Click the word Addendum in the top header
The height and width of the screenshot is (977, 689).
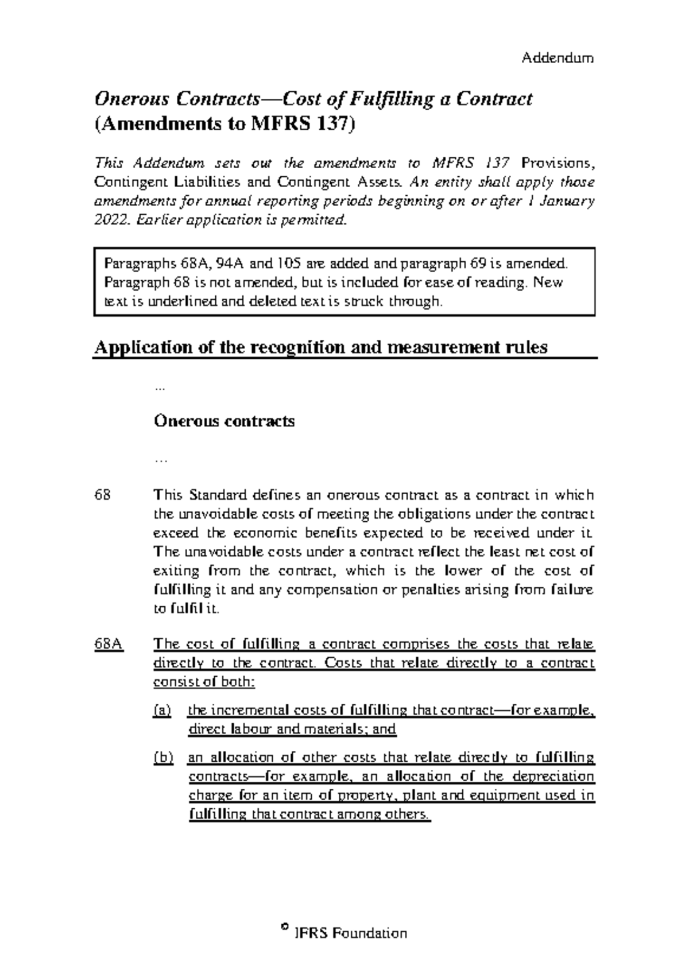tap(557, 58)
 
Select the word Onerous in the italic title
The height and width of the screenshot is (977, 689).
tap(131, 99)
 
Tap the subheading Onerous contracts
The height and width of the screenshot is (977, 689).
tap(224, 421)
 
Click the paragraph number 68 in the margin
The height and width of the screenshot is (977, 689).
tap(103, 495)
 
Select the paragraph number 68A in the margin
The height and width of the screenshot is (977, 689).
tap(109, 644)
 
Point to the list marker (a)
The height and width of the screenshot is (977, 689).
tap(162, 711)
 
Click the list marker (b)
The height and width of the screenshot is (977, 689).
tap(163, 758)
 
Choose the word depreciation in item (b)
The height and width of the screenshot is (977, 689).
tap(553, 777)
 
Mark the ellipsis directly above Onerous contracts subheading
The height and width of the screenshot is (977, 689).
tap(160, 389)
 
